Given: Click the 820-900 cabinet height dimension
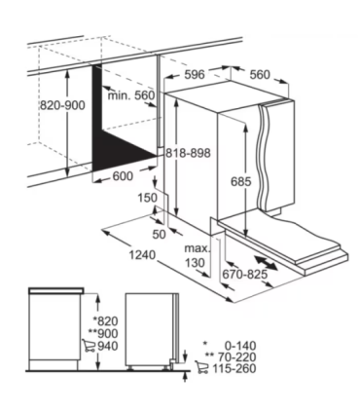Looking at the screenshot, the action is coord(62,105).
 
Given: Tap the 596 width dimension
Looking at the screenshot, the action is coord(195,75).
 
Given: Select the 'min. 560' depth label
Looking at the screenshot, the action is coord(131,95).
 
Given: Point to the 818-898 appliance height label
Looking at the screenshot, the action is coord(188,153).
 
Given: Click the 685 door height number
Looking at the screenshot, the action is coord(240,181).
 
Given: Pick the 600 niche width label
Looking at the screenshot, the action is coord(123,176).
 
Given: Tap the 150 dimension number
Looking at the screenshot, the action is coord(147,198).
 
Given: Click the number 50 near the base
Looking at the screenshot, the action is coord(159,234).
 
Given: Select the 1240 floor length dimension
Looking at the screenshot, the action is coord(142,255).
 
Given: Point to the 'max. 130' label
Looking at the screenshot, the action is coord(197,255).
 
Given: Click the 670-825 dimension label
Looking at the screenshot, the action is coord(245,275).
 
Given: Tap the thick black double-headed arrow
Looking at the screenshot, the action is coord(266,263).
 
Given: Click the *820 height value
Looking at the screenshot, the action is coord(106,321).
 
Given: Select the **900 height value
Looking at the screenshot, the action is coord(103,333).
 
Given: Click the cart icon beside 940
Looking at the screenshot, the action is coord(89,346).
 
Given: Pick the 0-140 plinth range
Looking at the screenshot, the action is coord(240,346).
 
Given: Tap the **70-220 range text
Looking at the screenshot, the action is coord(231,357).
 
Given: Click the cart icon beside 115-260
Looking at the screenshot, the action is coord(202,367).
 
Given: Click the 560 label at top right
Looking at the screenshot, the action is coord(260,75).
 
